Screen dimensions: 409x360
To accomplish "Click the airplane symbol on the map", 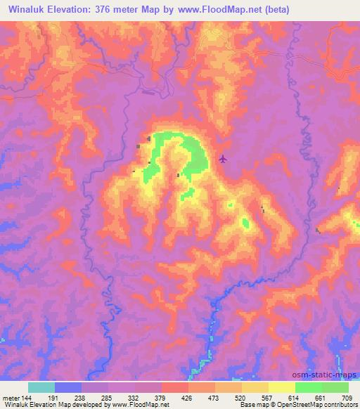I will [223, 158].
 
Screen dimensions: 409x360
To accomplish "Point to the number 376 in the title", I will [115, 11].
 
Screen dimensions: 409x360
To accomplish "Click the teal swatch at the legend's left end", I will [41, 387].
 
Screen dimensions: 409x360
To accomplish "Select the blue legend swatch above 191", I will [67, 387].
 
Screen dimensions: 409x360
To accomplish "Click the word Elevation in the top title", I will [76, 11].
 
